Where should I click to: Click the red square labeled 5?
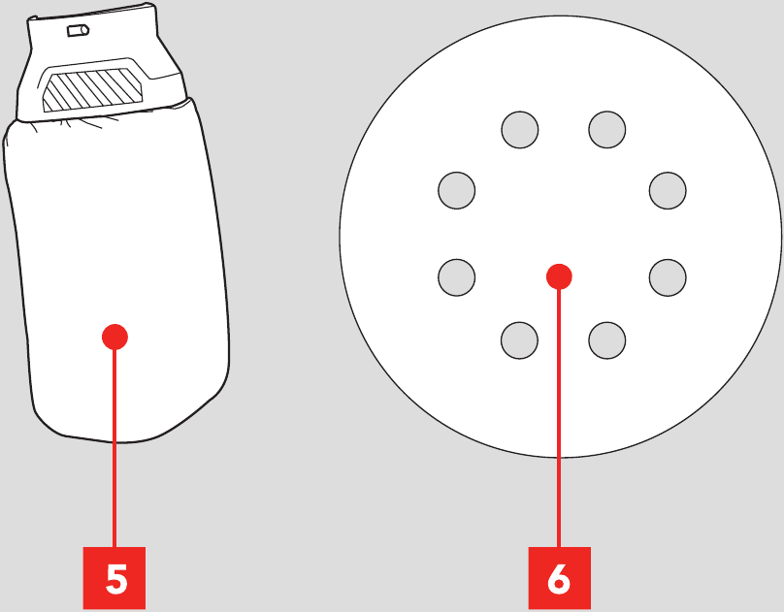(x=114, y=578)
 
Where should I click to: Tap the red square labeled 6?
(x=560, y=578)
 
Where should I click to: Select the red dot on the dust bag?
(x=115, y=338)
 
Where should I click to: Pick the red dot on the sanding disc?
(x=559, y=276)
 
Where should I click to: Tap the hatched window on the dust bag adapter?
(x=91, y=91)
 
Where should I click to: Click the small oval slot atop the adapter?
(x=79, y=30)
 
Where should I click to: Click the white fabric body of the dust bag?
(x=117, y=250)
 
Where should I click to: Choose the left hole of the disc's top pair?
(x=520, y=130)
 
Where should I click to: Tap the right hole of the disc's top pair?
(x=607, y=130)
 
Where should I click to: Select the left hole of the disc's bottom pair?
(x=519, y=340)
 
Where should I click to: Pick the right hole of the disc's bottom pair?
(x=607, y=340)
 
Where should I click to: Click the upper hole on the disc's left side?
(x=456, y=190)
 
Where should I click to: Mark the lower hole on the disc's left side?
(x=456, y=277)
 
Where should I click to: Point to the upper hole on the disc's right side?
(x=668, y=190)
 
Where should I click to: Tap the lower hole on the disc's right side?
(x=668, y=277)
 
